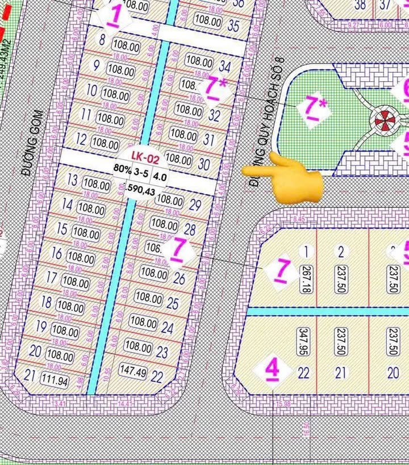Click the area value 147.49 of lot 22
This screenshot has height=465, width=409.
[x=133, y=371]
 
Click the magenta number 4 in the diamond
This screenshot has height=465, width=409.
[x=273, y=370]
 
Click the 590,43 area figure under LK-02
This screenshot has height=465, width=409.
[x=141, y=188]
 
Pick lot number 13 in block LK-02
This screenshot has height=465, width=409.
[x=72, y=181]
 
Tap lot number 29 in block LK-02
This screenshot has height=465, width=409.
[x=195, y=205]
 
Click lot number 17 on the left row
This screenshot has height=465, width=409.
[x=51, y=278]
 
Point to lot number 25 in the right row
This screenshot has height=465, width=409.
[x=173, y=303]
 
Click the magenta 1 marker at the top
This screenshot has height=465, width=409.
[x=114, y=16]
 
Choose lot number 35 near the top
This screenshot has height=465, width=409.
[x=233, y=26]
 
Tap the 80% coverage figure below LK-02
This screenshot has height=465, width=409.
[x=122, y=169]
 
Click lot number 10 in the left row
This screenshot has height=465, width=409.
[x=91, y=90]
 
